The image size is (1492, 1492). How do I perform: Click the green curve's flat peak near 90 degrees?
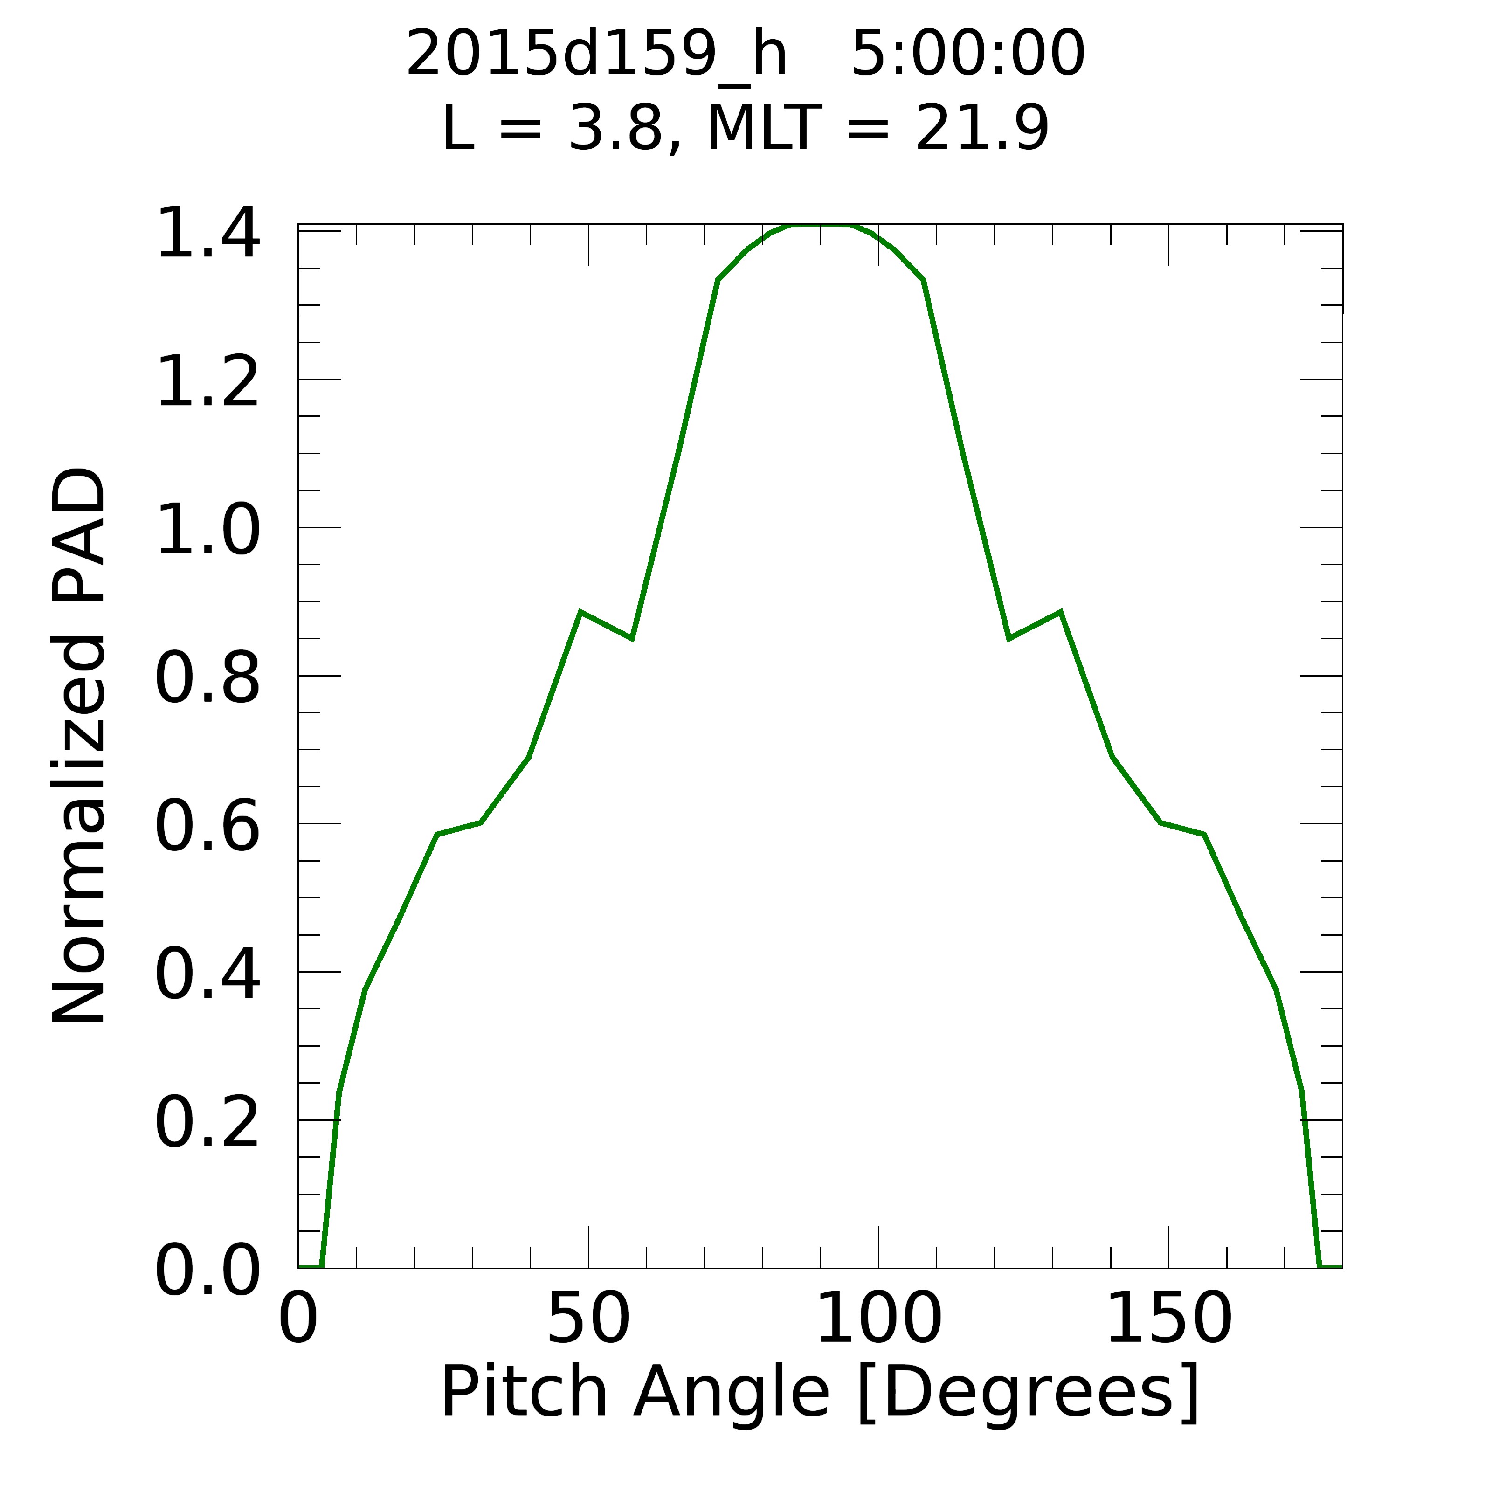point(820,226)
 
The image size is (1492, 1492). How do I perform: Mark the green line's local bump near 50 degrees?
point(581,612)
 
